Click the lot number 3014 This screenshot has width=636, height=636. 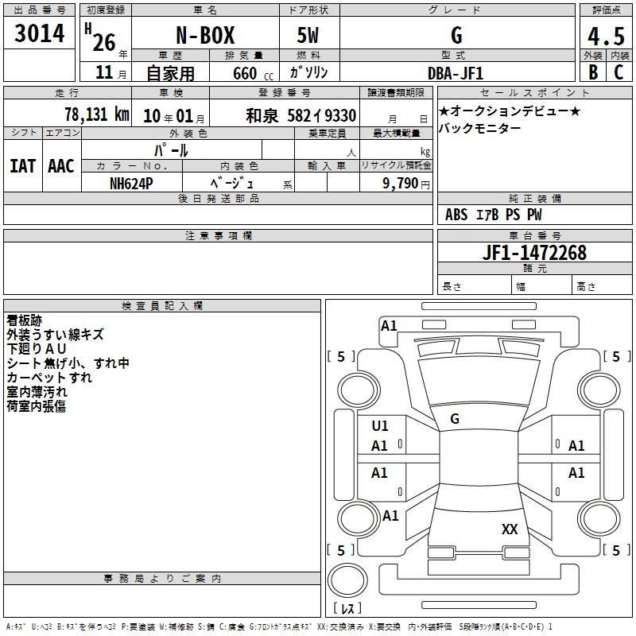click(39, 33)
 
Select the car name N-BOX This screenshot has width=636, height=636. click(205, 35)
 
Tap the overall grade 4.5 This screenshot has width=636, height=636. click(606, 36)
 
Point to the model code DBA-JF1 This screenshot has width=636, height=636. click(456, 73)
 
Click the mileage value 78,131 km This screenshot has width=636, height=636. click(97, 114)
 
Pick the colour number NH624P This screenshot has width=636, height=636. click(131, 184)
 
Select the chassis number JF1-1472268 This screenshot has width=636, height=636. click(534, 253)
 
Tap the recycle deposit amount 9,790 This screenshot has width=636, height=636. click(400, 184)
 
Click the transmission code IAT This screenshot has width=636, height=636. click(23, 166)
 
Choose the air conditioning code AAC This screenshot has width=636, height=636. click(61, 166)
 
